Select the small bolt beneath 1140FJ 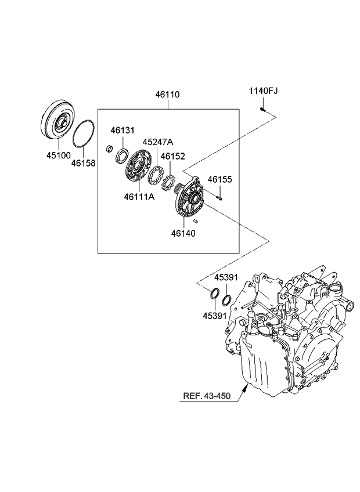(263, 108)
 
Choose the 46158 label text (83, 164)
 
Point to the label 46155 (220, 180)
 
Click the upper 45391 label (226, 277)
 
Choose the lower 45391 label (214, 316)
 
